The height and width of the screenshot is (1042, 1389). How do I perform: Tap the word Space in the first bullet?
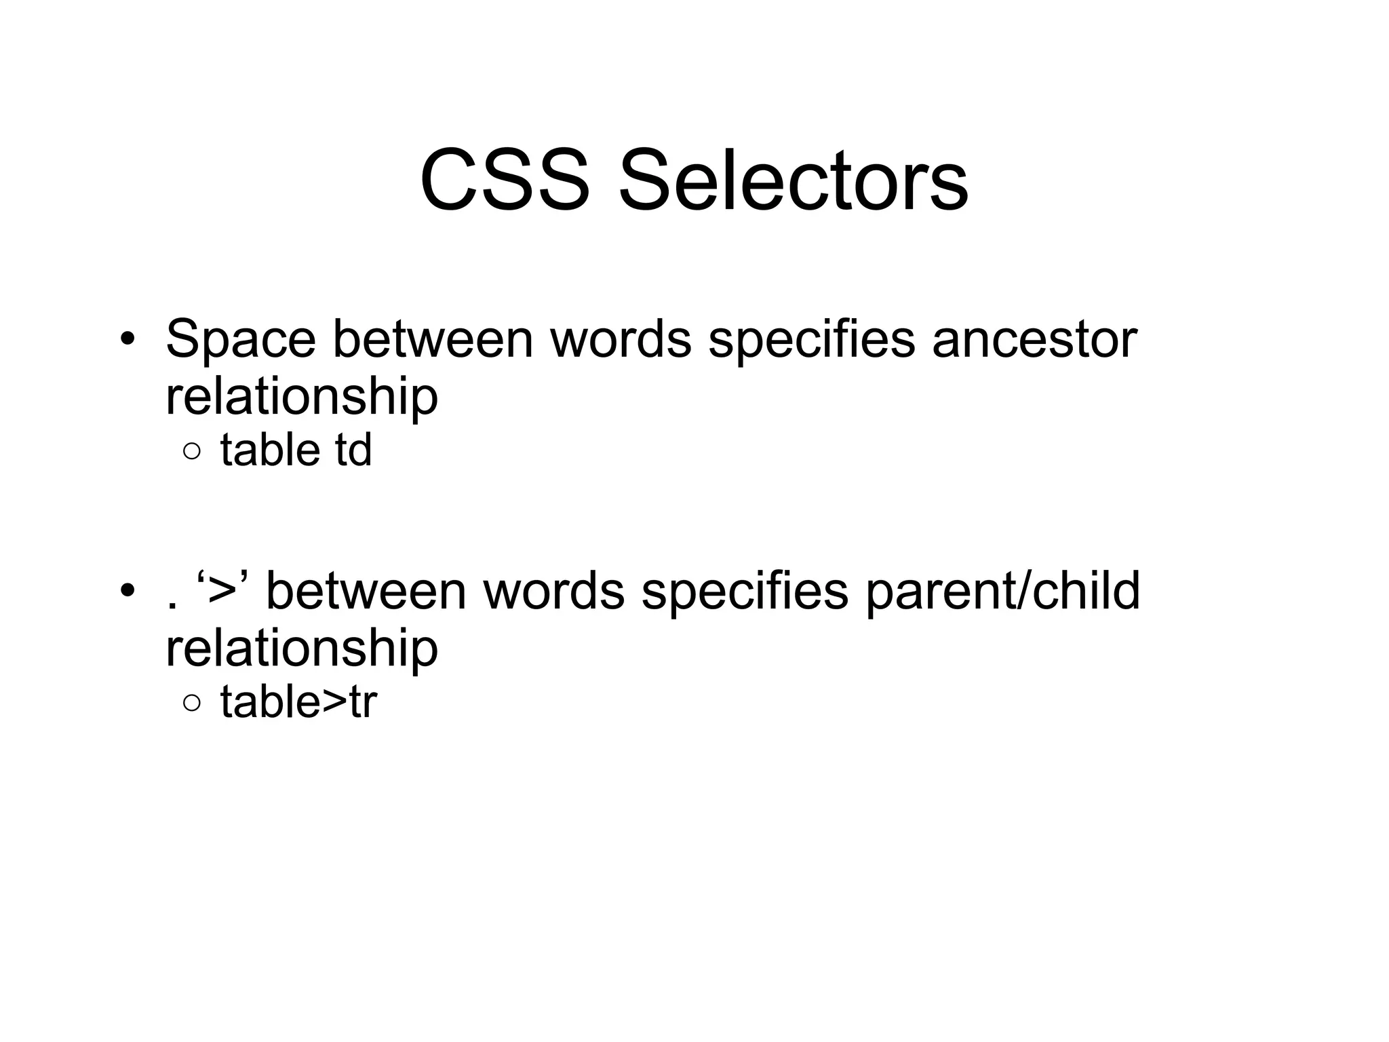[x=240, y=339]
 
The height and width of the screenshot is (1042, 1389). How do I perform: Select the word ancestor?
[x=1034, y=339]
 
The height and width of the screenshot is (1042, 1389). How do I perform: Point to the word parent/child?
[x=1003, y=591]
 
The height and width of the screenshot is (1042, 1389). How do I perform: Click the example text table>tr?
[x=298, y=702]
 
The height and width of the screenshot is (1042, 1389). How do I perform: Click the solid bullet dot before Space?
[x=126, y=339]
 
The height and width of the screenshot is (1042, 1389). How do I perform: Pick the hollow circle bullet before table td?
[x=192, y=452]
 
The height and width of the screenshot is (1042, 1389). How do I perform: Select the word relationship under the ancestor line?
[x=302, y=398]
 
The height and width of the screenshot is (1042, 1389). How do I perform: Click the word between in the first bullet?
[x=433, y=339]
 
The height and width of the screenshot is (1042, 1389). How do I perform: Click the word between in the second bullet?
[x=366, y=591]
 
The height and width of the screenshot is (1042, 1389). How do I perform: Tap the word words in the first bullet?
[x=621, y=339]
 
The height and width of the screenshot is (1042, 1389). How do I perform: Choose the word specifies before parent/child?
[x=745, y=591]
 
